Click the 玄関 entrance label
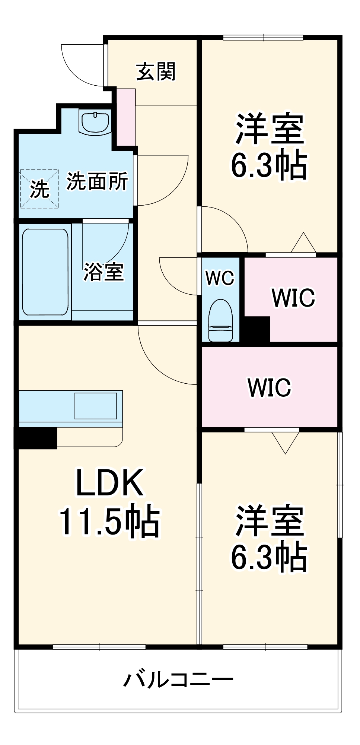[x=156, y=72]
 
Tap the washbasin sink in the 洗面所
[x=95, y=121]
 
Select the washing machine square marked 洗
[x=39, y=189]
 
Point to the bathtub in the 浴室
[x=45, y=272]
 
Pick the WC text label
[x=220, y=278]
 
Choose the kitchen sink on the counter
[x=96, y=406]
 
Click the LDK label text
[x=109, y=483]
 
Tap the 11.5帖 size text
[x=109, y=521]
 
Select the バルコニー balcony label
[x=178, y=680]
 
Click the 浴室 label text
[x=103, y=272]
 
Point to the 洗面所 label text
[x=97, y=181]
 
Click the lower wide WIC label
[x=269, y=387]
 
